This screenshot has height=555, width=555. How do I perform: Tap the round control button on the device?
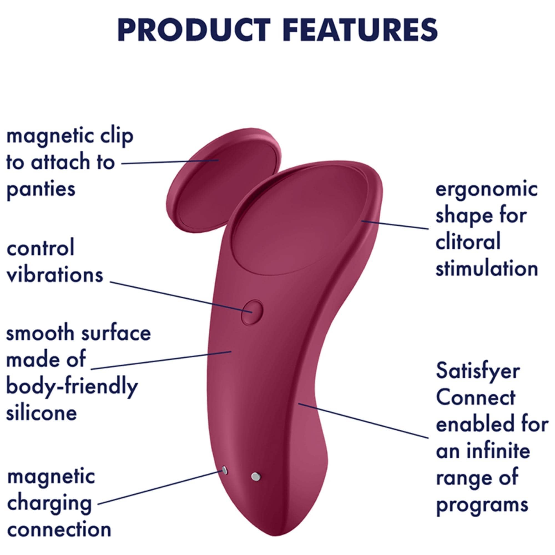pos(252,312)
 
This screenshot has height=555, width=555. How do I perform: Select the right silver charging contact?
pos(255,477)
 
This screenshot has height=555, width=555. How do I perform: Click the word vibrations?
pos(55,274)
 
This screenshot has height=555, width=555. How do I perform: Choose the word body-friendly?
pos(72,387)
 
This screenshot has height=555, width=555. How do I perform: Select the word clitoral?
pos(468,242)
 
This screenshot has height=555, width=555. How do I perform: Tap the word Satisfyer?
pos(478,372)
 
